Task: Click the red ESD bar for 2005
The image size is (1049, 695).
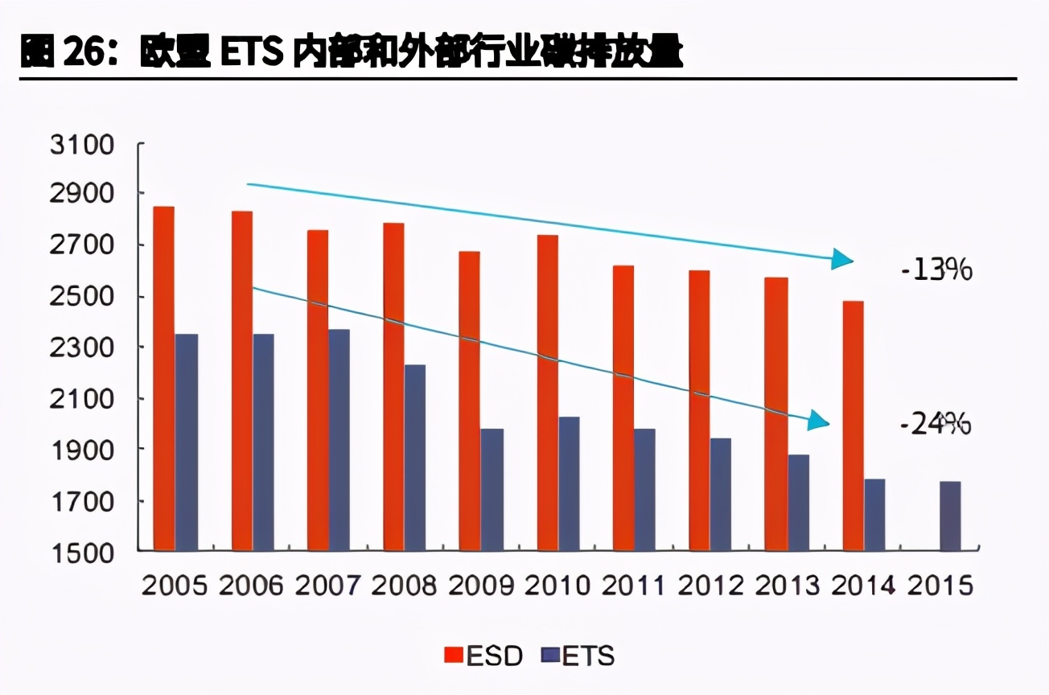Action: point(164,378)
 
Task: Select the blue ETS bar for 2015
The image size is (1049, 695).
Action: point(950,516)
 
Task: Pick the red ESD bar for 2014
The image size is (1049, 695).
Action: point(853,426)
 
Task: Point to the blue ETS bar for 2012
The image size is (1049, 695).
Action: point(721,494)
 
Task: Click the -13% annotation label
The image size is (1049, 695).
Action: point(936,270)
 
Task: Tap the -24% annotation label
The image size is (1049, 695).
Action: point(936,423)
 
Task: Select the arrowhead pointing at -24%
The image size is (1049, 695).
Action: point(818,420)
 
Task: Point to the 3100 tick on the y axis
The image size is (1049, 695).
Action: point(83,146)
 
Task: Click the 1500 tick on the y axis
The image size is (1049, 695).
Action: point(83,553)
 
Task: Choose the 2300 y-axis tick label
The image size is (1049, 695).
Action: point(83,349)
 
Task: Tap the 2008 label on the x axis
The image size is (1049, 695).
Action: point(404,586)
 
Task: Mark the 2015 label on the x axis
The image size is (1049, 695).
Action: point(940,586)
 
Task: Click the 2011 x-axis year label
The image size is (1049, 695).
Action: point(633,586)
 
